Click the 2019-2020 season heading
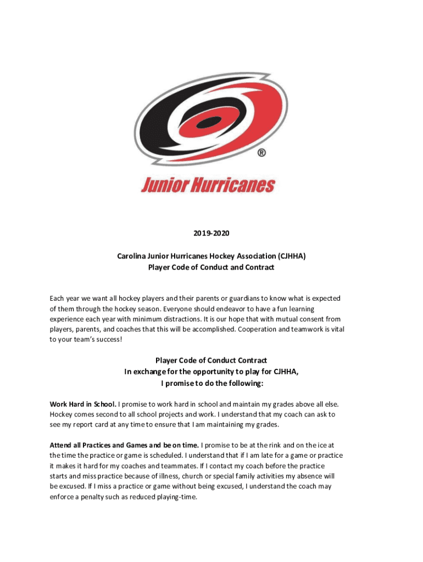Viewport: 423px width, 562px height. (211, 233)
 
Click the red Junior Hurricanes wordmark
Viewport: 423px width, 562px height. (208, 186)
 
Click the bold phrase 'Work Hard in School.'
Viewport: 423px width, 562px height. (83, 404)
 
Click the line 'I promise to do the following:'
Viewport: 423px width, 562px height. (211, 383)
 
